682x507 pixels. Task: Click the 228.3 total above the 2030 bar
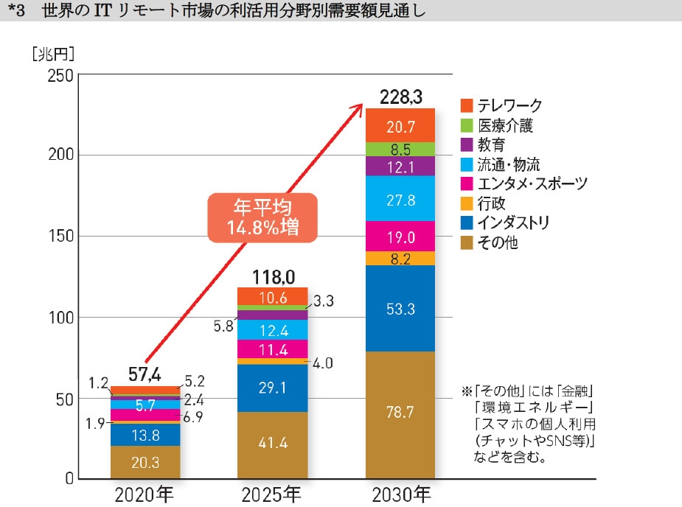click(400, 97)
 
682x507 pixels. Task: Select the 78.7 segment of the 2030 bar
click(400, 415)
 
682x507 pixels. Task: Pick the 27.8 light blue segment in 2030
click(400, 199)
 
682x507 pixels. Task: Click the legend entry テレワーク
click(501, 105)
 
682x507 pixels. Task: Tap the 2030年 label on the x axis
click(400, 493)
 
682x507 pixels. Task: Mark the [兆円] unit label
click(53, 54)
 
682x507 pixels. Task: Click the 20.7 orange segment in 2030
click(400, 125)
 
